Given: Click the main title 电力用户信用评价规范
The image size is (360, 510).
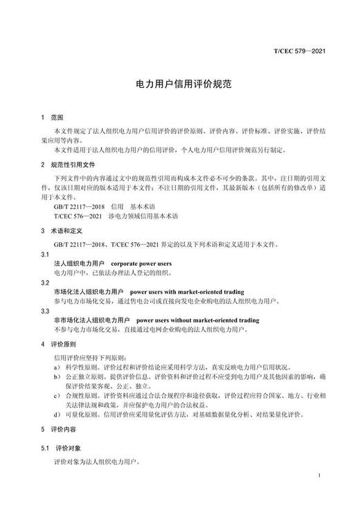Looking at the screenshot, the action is [179, 82].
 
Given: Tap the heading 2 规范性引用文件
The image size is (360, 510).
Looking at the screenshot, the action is [66, 165].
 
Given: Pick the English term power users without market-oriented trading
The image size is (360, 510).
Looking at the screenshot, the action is [197, 321].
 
